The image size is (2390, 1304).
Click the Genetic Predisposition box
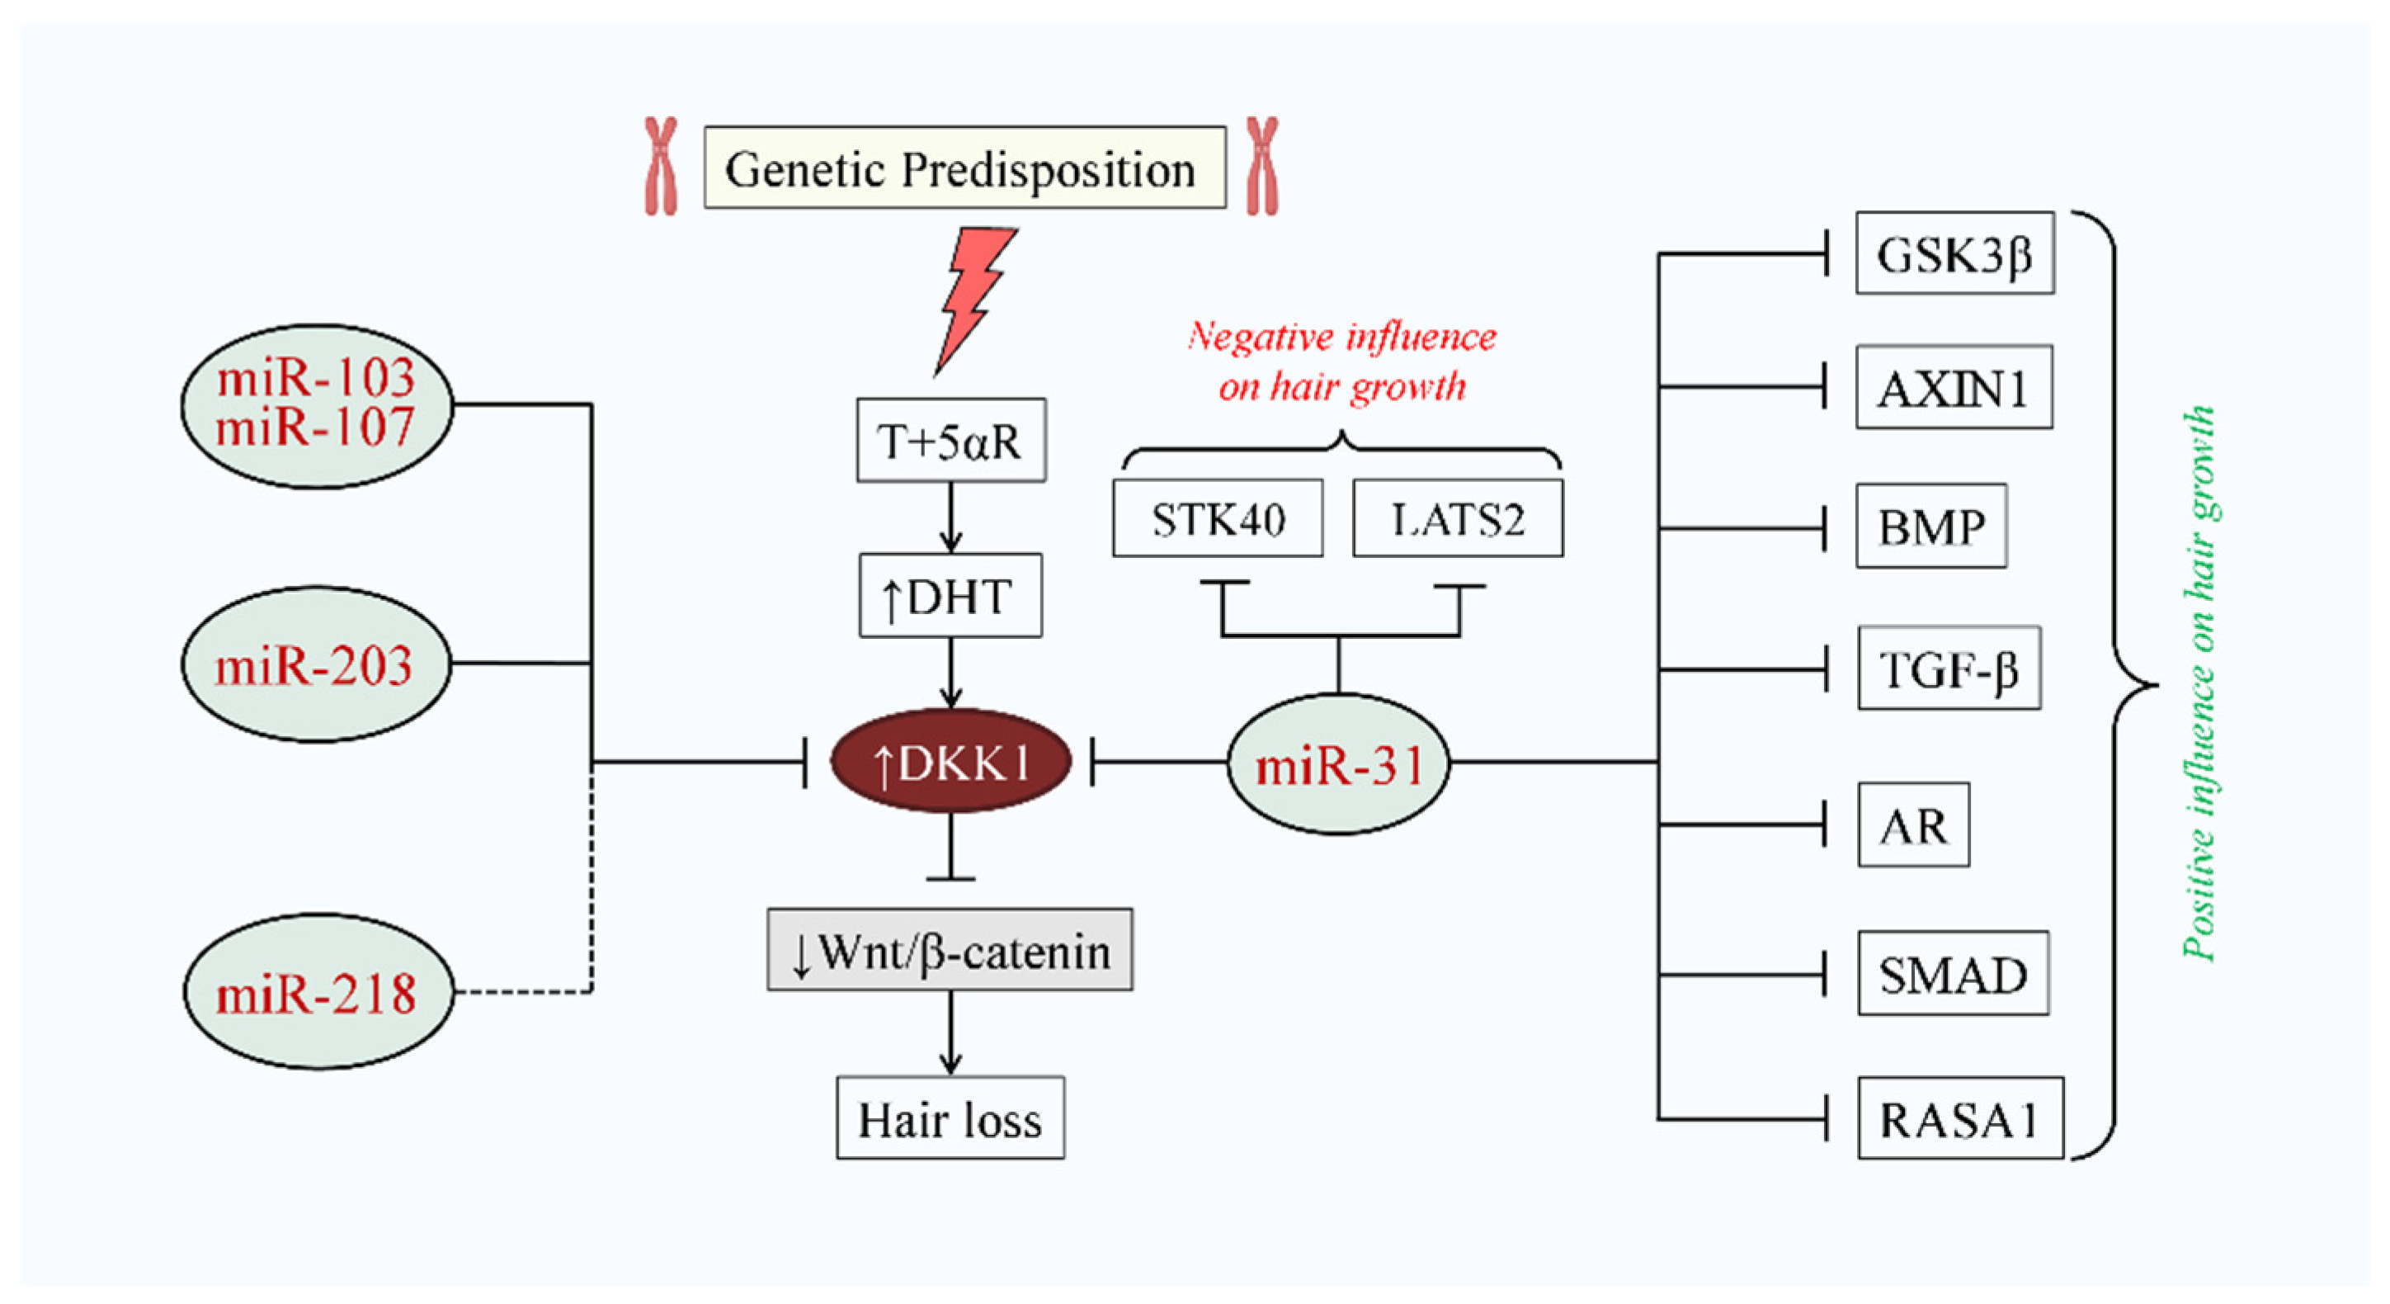965,168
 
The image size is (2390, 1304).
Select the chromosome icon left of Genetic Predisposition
661,167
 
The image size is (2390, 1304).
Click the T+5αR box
951,441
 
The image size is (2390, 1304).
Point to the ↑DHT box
950,596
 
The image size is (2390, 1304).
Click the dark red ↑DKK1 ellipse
951,762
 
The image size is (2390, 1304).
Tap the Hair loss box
950,1118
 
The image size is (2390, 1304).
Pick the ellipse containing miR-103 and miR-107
316,405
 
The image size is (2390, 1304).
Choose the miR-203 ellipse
315,664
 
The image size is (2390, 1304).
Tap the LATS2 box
1458,519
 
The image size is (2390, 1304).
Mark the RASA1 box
1959,1118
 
